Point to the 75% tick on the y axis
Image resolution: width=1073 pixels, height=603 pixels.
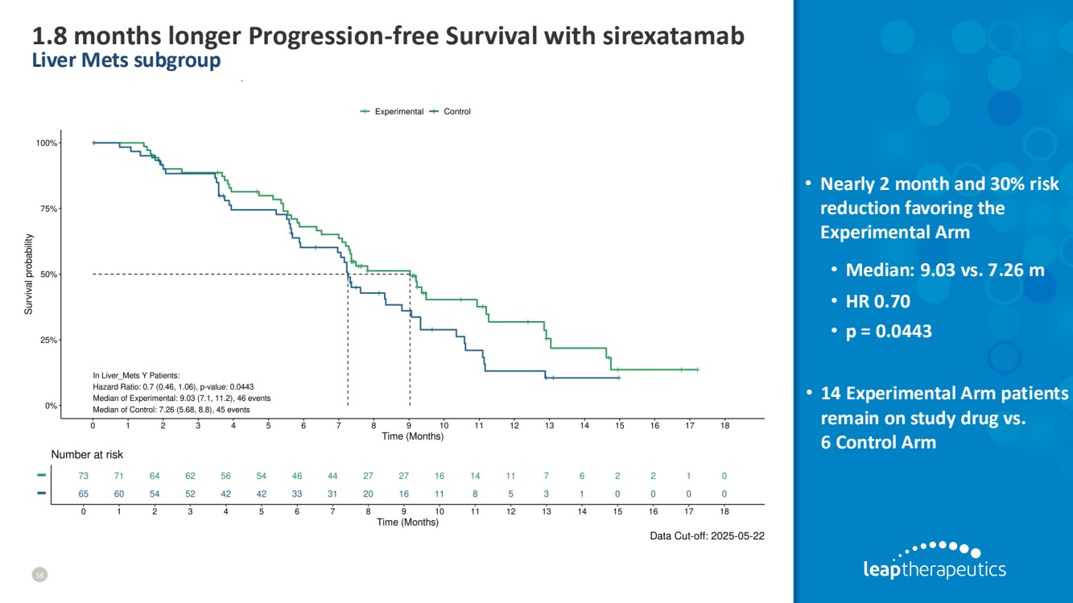(x=60, y=209)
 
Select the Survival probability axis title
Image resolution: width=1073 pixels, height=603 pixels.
(x=29, y=274)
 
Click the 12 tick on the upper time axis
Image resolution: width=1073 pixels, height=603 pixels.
(x=514, y=425)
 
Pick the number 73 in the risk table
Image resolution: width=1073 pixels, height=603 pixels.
(x=83, y=477)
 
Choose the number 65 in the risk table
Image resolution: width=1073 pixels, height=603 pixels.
(x=83, y=494)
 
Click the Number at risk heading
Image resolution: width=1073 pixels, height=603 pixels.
(x=87, y=455)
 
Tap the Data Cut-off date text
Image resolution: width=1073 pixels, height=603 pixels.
(x=707, y=536)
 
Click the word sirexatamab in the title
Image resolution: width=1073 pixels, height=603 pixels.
(x=673, y=36)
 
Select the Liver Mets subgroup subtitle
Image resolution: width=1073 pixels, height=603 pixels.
(x=126, y=60)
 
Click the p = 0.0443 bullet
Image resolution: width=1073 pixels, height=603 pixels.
(x=889, y=331)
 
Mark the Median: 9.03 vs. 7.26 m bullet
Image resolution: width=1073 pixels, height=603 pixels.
(x=945, y=270)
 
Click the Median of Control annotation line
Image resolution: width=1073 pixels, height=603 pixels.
(x=171, y=410)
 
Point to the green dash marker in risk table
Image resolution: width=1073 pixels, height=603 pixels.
(x=42, y=477)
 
